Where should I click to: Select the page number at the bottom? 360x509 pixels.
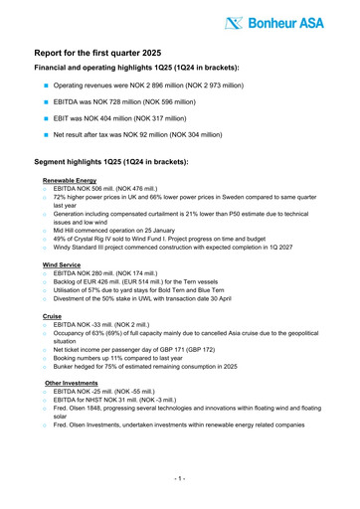[x=180, y=478]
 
